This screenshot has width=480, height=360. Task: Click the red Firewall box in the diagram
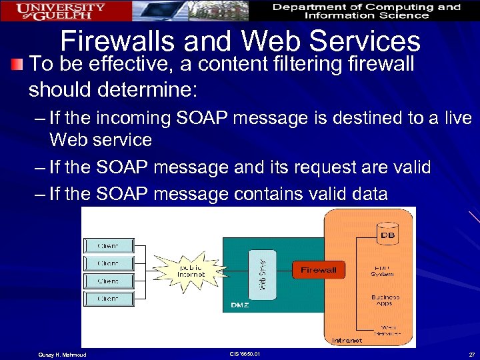319,270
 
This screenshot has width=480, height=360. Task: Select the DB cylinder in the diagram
387,235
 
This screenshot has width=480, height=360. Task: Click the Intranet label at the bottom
347,340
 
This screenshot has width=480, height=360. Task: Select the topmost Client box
108,245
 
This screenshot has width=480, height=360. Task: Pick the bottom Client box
108,299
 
